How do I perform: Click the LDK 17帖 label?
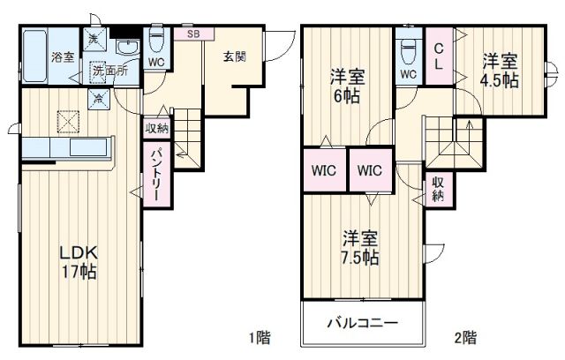77,262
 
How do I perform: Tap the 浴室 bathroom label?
62,58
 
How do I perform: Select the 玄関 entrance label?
234,57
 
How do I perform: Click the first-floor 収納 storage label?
156,128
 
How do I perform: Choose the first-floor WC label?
155,64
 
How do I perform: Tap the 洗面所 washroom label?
110,71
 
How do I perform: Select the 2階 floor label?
465,337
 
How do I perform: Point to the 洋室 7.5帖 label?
361,248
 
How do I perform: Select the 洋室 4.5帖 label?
500,71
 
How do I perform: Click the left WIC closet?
322,170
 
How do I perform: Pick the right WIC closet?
369,170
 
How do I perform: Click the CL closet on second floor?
438,56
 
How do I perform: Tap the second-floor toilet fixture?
408,47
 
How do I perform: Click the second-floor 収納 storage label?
438,189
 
